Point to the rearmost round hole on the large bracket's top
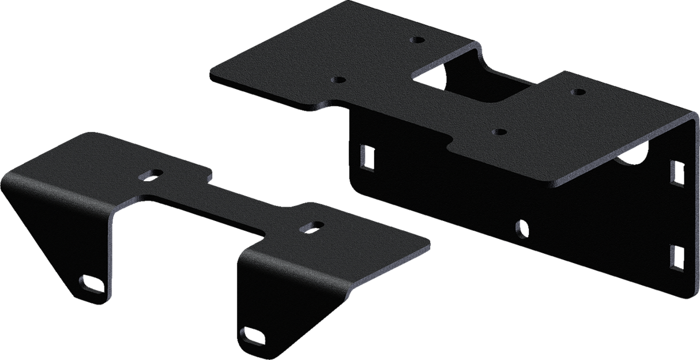click(416, 42)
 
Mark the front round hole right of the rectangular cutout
click(499, 132)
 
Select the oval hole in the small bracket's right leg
click(251, 334)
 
